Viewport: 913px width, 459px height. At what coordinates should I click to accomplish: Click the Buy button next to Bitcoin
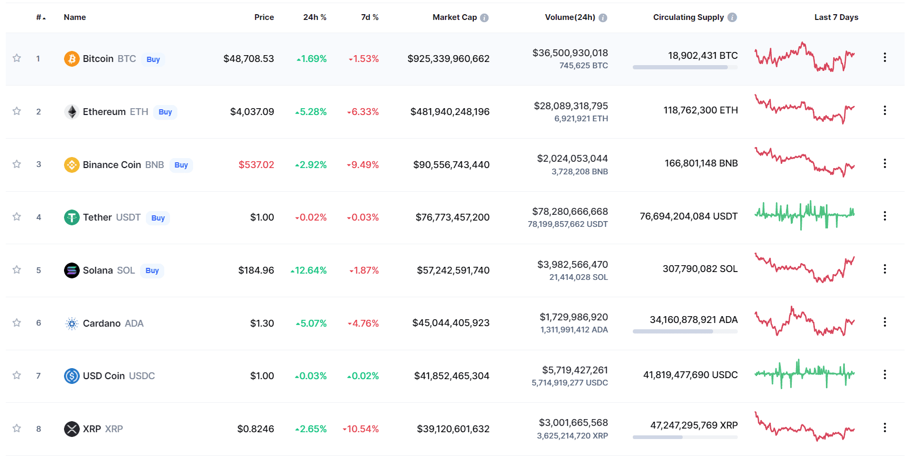click(153, 59)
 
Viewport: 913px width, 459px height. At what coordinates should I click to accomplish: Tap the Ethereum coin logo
click(71, 112)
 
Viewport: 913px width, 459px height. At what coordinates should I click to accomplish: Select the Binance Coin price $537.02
click(256, 165)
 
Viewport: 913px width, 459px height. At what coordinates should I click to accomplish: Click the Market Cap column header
click(454, 17)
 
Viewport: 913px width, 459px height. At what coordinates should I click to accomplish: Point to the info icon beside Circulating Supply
click(732, 17)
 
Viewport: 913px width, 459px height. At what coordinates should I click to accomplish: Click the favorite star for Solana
click(17, 270)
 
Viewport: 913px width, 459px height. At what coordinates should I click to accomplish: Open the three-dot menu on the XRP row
click(885, 428)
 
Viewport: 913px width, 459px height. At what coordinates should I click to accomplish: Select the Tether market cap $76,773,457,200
click(452, 217)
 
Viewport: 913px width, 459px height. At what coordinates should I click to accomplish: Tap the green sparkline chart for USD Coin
click(804, 374)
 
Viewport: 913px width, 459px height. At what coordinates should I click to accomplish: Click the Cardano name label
click(102, 324)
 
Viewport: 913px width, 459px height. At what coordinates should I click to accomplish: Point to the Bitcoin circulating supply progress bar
click(685, 67)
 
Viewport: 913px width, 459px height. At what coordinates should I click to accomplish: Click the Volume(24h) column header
click(570, 17)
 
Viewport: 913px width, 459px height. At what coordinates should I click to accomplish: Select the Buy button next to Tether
click(158, 218)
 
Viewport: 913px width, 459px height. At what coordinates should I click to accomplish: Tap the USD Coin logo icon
click(71, 376)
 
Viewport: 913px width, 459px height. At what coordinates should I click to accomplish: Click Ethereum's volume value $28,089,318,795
click(571, 106)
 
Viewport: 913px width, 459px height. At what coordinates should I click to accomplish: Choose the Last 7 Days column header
click(836, 17)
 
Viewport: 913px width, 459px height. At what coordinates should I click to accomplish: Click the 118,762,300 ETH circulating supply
click(700, 110)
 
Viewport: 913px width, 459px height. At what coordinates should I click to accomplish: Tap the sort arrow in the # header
click(44, 18)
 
